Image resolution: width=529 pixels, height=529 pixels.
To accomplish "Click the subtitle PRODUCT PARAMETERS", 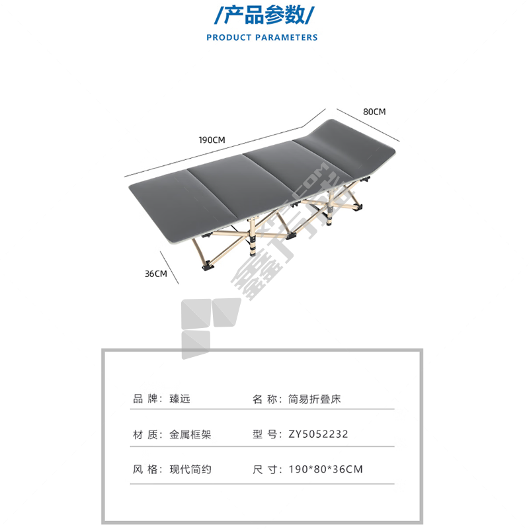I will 262,38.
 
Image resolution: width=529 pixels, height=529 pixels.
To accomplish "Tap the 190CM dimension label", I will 212,140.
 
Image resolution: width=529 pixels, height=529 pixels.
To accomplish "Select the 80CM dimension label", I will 374,112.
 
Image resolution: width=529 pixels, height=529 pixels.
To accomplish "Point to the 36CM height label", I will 155,274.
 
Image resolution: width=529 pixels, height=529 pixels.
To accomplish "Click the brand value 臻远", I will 180,399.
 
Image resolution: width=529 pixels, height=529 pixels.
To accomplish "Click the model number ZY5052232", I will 318,434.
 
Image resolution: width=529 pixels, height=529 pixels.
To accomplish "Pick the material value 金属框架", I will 190,434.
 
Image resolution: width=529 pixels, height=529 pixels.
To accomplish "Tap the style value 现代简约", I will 190,469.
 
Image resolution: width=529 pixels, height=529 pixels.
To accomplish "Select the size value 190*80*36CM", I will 326,469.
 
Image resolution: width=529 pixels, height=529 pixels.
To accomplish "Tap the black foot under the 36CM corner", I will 207,267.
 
